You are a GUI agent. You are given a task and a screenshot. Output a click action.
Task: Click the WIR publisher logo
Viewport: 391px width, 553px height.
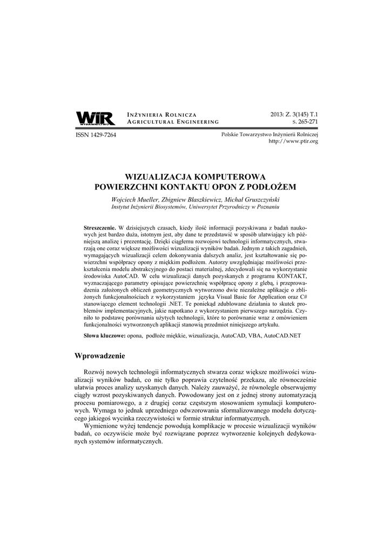pos(95,118)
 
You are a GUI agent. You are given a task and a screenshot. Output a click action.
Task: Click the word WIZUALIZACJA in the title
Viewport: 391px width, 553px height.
pos(157,177)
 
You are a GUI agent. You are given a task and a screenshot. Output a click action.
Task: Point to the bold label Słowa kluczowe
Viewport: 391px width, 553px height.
pos(104,336)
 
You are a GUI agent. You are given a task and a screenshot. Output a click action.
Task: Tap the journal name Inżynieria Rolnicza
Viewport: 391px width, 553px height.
pos(161,114)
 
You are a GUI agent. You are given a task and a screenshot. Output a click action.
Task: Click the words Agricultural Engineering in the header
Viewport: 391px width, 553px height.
pos(172,123)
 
